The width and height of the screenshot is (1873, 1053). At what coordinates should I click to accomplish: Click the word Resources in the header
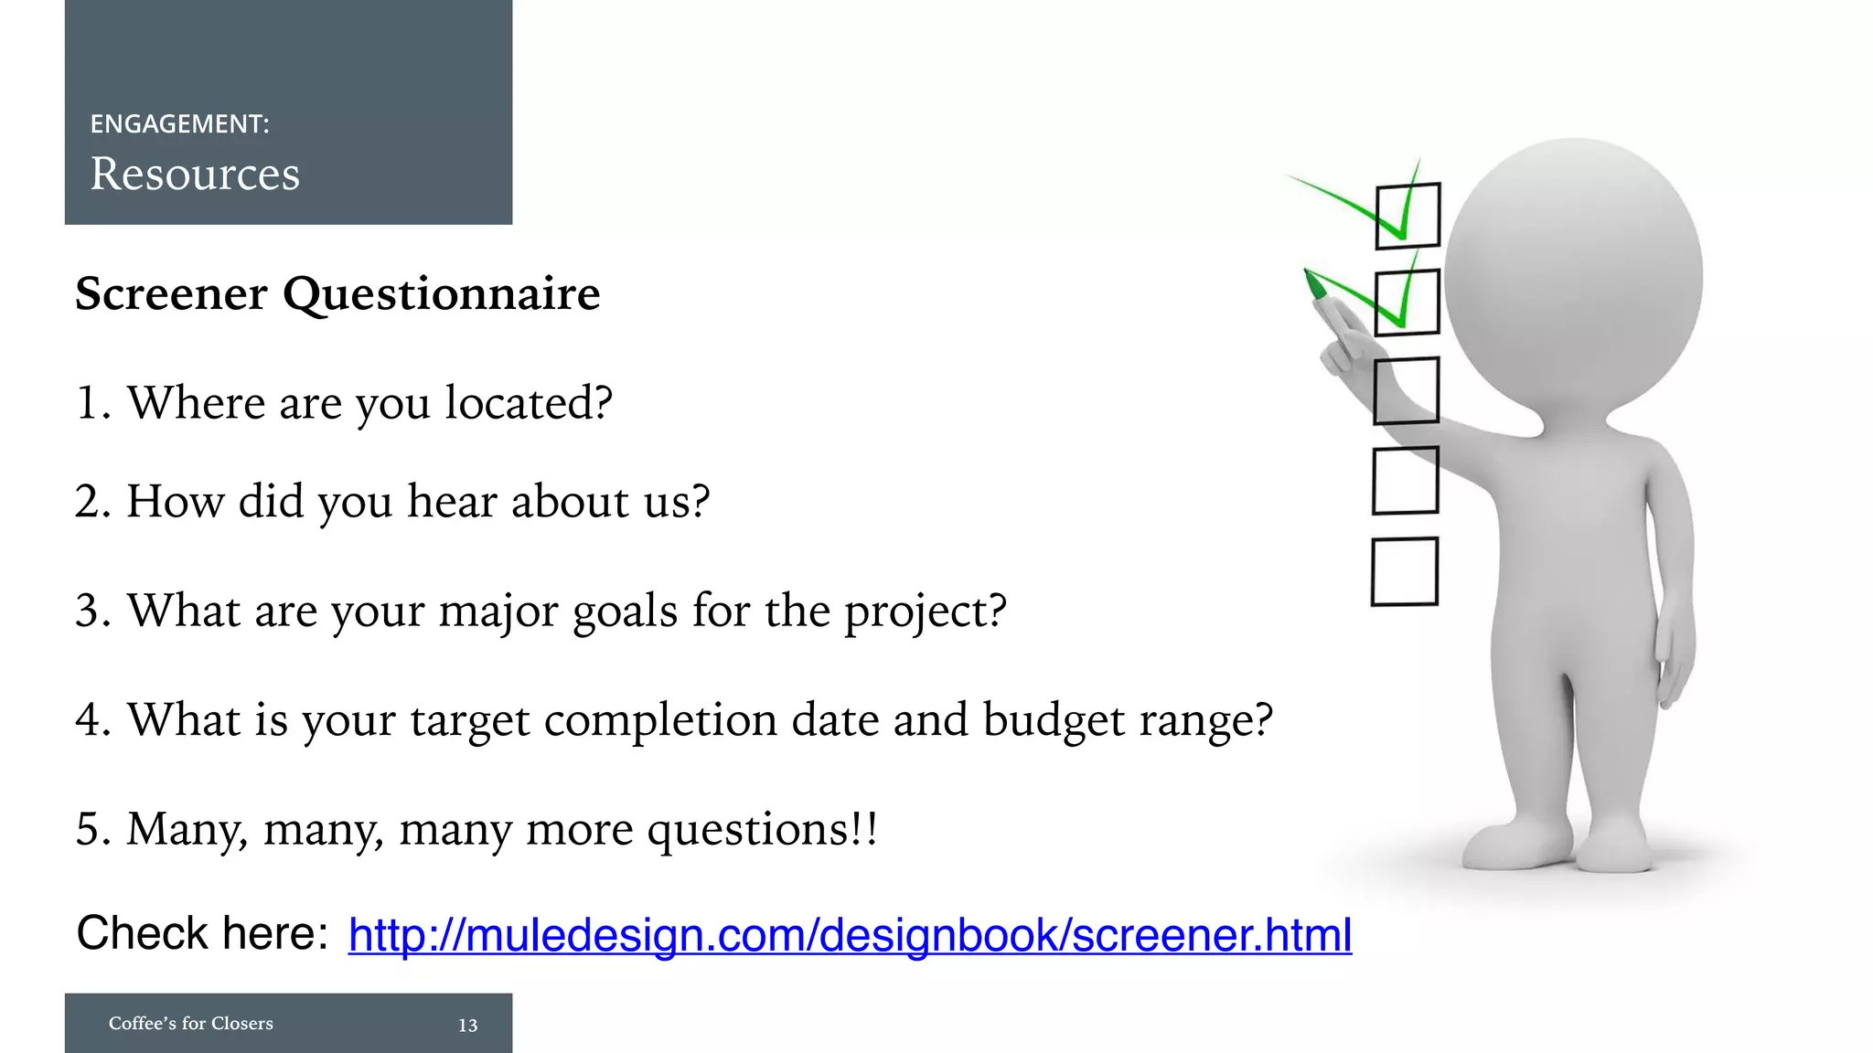pos(195,174)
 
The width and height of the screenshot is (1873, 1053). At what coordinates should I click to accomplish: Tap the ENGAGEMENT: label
pos(179,124)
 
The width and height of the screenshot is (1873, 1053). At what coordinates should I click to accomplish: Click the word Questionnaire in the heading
pos(441,294)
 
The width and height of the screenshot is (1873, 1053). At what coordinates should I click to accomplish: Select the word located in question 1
pos(528,403)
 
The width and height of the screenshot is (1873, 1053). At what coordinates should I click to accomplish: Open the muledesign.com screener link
pos(850,935)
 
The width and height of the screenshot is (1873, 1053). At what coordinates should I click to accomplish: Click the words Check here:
pos(202,933)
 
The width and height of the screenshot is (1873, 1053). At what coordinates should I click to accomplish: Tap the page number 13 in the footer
pos(467,1026)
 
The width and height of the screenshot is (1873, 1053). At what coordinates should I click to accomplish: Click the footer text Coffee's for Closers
pos(190,1024)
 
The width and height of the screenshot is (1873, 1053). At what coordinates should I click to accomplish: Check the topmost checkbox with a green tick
pos(1407,217)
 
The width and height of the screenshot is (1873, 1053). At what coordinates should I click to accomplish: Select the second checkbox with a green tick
pos(1407,303)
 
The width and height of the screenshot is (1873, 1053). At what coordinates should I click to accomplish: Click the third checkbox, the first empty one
pos(1407,391)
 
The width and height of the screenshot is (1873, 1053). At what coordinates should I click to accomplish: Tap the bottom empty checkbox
pos(1405,571)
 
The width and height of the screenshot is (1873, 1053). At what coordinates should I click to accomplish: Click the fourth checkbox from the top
pos(1406,480)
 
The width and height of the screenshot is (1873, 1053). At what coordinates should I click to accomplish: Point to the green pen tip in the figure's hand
pos(1315,286)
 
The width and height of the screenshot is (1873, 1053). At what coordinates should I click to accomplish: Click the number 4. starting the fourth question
pos(92,720)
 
